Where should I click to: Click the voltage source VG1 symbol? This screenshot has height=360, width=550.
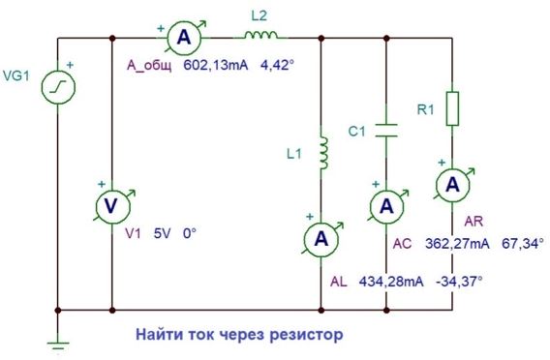pyautogui.click(x=58, y=87)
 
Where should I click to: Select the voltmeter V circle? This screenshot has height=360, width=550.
pyautogui.click(x=112, y=206)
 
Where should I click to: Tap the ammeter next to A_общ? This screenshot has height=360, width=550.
pyautogui.click(x=184, y=37)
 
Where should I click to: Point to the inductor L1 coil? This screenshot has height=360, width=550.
pyautogui.click(x=323, y=153)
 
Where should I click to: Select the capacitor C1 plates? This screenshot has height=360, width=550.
pyautogui.click(x=386, y=130)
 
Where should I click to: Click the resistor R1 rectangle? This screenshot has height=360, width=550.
pyautogui.click(x=452, y=108)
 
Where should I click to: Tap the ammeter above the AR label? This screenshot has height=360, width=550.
pyautogui.click(x=452, y=185)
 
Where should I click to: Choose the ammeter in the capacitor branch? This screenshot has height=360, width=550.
pyautogui.click(x=386, y=206)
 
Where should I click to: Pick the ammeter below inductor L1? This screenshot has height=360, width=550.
pyautogui.click(x=321, y=239)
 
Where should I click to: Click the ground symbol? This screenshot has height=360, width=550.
pyautogui.click(x=58, y=345)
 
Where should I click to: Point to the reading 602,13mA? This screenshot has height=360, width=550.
pyautogui.click(x=216, y=66)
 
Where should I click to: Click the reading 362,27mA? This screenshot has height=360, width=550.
pyautogui.click(x=457, y=243)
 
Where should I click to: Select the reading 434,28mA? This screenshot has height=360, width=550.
pyautogui.click(x=391, y=282)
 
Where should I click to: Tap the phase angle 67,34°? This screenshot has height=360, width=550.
pyautogui.click(x=523, y=243)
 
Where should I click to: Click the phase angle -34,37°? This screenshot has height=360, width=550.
pyautogui.click(x=459, y=282)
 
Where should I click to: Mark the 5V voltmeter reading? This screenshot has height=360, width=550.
pyautogui.click(x=162, y=233)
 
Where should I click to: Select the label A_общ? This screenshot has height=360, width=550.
pyautogui.click(x=149, y=66)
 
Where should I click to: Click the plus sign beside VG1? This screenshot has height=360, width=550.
pyautogui.click(x=70, y=65)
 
